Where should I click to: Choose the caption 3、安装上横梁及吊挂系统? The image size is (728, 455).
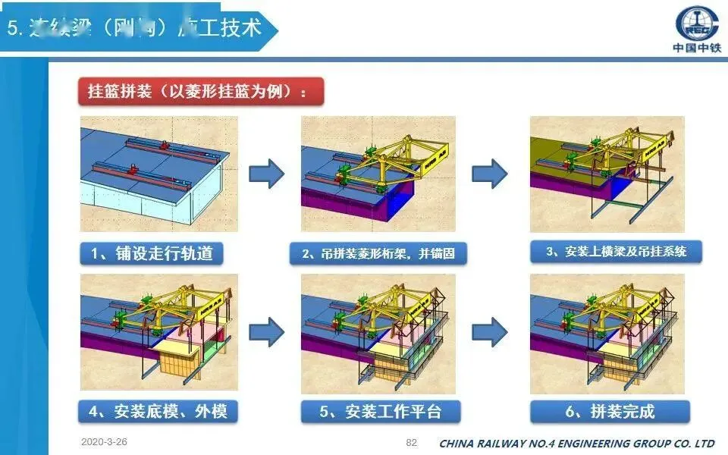(615, 252)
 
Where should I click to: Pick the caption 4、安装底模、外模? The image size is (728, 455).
(157, 412)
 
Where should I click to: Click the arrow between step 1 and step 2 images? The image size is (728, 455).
(266, 174)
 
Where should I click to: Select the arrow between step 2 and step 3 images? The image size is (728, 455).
(489, 174)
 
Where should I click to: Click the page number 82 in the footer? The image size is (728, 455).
(412, 442)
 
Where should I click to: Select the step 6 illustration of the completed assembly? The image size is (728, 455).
(607, 334)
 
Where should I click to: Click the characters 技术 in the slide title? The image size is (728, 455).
(237, 28)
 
